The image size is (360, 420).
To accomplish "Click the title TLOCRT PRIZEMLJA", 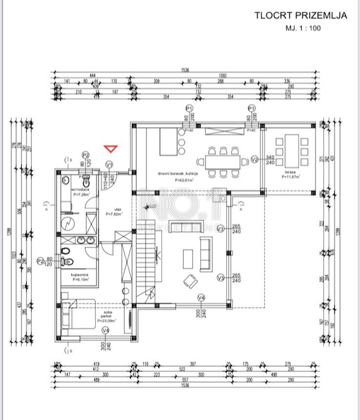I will click(301, 15).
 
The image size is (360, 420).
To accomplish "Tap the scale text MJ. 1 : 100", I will click(303, 28).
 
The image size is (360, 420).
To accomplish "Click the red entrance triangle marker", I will click(111, 149).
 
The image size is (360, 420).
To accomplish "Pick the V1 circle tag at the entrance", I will click(110, 164).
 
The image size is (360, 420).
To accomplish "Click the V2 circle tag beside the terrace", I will click(255, 160).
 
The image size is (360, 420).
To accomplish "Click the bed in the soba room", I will click(78, 314).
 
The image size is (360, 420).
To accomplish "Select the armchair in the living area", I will click(190, 281).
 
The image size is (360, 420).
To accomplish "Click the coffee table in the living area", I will click(188, 259).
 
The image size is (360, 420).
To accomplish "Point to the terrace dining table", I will click(292, 151).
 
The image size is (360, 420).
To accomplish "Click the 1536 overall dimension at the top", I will click(185, 70).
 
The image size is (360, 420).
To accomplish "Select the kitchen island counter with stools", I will click(169, 142).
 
